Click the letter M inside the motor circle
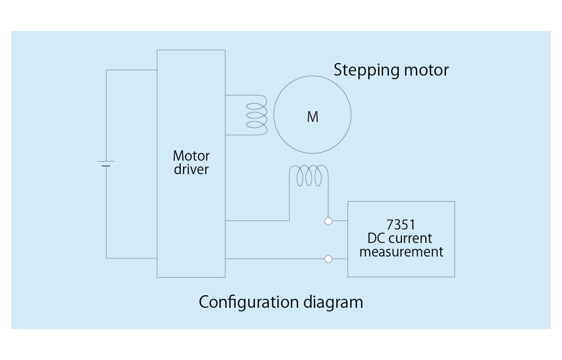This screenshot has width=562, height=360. point(312,117)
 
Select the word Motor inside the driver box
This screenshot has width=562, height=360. point(191,156)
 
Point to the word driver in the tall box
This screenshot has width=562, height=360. point(191,169)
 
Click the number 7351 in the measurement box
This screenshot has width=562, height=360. point(401,225)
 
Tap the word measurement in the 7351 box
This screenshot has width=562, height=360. point(401,252)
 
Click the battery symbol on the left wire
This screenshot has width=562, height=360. point(106,164)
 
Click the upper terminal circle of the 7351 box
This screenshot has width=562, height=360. point(329,221)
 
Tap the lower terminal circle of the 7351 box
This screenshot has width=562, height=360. point(329,258)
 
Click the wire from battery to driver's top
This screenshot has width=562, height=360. point(131,70)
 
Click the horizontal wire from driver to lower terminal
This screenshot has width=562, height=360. point(275,258)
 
